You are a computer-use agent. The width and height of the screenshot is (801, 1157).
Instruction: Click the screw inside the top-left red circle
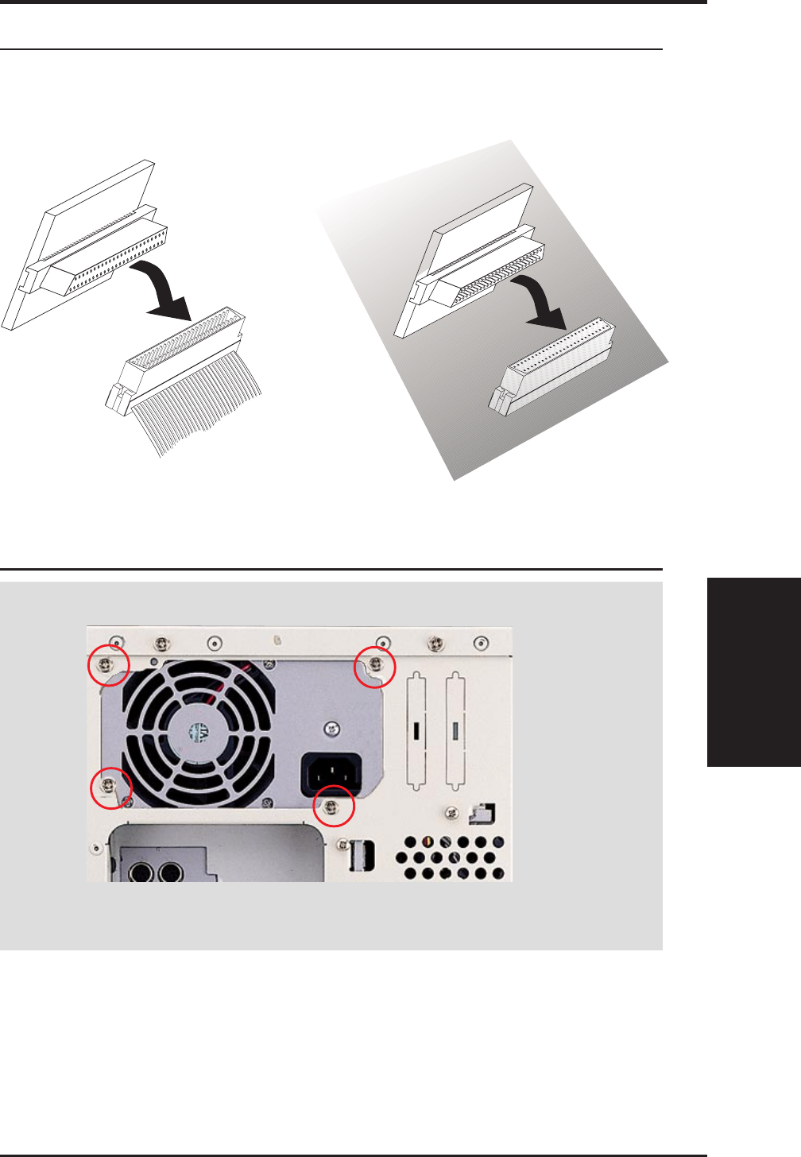click(x=107, y=664)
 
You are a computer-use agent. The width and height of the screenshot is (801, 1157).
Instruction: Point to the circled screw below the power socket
click(x=333, y=807)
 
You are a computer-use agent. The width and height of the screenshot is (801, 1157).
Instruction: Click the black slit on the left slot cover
click(x=416, y=730)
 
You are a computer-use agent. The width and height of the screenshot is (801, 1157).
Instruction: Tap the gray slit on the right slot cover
click(x=455, y=730)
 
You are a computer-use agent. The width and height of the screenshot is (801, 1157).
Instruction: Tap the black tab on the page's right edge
click(x=753, y=671)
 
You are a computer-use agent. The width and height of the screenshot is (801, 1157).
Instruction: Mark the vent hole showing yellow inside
click(x=429, y=841)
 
